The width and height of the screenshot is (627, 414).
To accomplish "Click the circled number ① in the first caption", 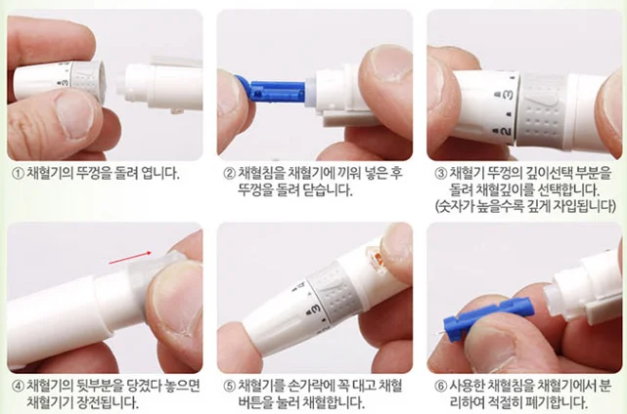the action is (x=18, y=174).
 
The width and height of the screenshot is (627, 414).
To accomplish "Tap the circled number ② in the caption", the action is (x=229, y=174).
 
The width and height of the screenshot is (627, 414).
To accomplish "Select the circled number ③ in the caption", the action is (x=440, y=174).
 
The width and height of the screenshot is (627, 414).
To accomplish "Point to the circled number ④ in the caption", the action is (x=18, y=387).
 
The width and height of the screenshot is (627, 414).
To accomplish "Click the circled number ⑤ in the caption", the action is (x=229, y=387).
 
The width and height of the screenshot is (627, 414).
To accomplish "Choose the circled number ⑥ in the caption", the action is (x=440, y=387).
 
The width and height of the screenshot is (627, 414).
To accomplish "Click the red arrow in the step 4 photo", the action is (x=131, y=258).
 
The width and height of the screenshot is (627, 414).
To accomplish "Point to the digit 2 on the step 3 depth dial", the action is (x=506, y=132).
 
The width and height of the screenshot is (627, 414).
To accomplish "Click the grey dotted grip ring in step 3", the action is (x=544, y=110).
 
